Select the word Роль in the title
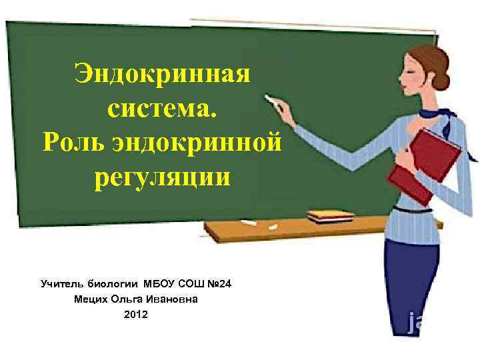coord(71,143)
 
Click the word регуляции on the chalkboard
coord(162,178)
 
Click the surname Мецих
coord(93,299)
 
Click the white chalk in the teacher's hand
coord(272,99)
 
